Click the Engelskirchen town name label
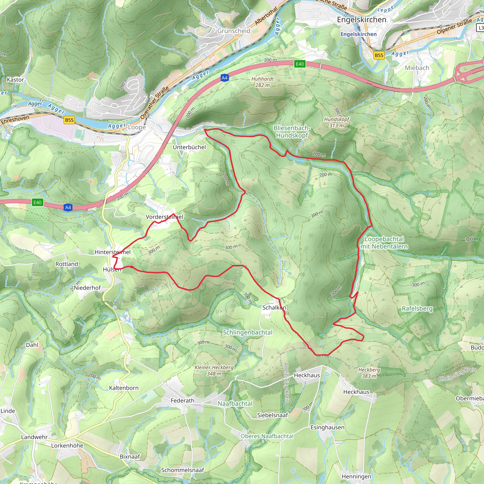(362, 20)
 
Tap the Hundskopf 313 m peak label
(337, 122)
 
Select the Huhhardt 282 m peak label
(263, 82)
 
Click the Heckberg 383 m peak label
(369, 373)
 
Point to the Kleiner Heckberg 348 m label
(214, 370)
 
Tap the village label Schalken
(274, 307)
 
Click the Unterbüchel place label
(189, 147)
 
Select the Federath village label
(182, 401)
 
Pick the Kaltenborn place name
(124, 388)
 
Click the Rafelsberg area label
(417, 308)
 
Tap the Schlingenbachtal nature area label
(247, 332)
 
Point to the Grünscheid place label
(233, 31)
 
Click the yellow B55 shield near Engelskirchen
(379, 55)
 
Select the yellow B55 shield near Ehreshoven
(69, 120)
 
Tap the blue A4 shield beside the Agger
(225, 78)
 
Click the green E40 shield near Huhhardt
(300, 64)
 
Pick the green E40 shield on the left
(38, 203)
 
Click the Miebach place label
(417, 68)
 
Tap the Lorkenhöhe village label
(67, 445)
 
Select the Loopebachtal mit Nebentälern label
(384, 242)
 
